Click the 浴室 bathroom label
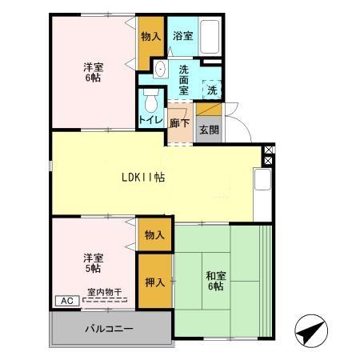click(x=183, y=36)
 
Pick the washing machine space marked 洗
click(x=211, y=90)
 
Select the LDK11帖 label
click(x=143, y=178)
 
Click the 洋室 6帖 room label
click(x=94, y=74)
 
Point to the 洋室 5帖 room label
click(x=94, y=262)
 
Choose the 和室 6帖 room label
click(x=215, y=281)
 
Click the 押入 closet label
click(x=155, y=282)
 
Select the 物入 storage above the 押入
click(x=155, y=235)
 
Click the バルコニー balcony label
click(x=110, y=329)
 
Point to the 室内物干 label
click(x=105, y=293)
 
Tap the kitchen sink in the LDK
click(x=262, y=182)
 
